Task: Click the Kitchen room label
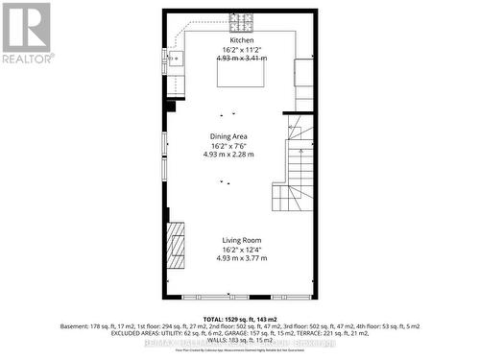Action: [240, 40]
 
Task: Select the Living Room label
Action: [240, 240]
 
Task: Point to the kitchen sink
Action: [175, 59]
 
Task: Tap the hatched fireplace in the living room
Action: [175, 247]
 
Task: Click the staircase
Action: [298, 173]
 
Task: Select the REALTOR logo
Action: [27, 34]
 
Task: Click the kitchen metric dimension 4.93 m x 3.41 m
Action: [240, 59]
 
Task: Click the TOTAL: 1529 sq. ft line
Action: [240, 318]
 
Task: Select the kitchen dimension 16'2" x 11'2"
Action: [240, 49]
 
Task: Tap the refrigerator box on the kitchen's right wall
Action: [303, 72]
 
